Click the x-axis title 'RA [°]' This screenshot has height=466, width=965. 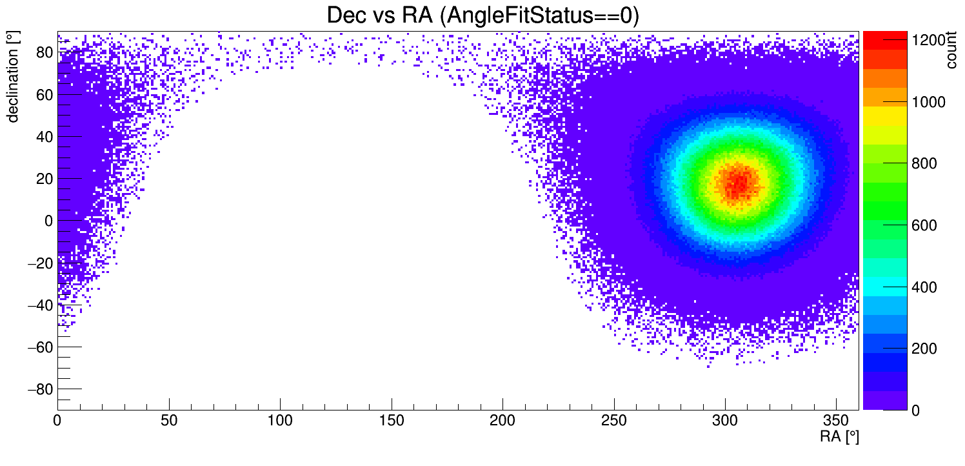[839, 437]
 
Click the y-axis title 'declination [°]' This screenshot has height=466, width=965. [12, 77]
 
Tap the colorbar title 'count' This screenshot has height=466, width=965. [951, 51]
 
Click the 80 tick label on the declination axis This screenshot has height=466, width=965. [45, 53]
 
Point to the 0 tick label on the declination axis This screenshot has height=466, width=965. [48, 221]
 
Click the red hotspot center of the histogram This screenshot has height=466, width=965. [737, 183]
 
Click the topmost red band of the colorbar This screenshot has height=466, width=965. [884, 40]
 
